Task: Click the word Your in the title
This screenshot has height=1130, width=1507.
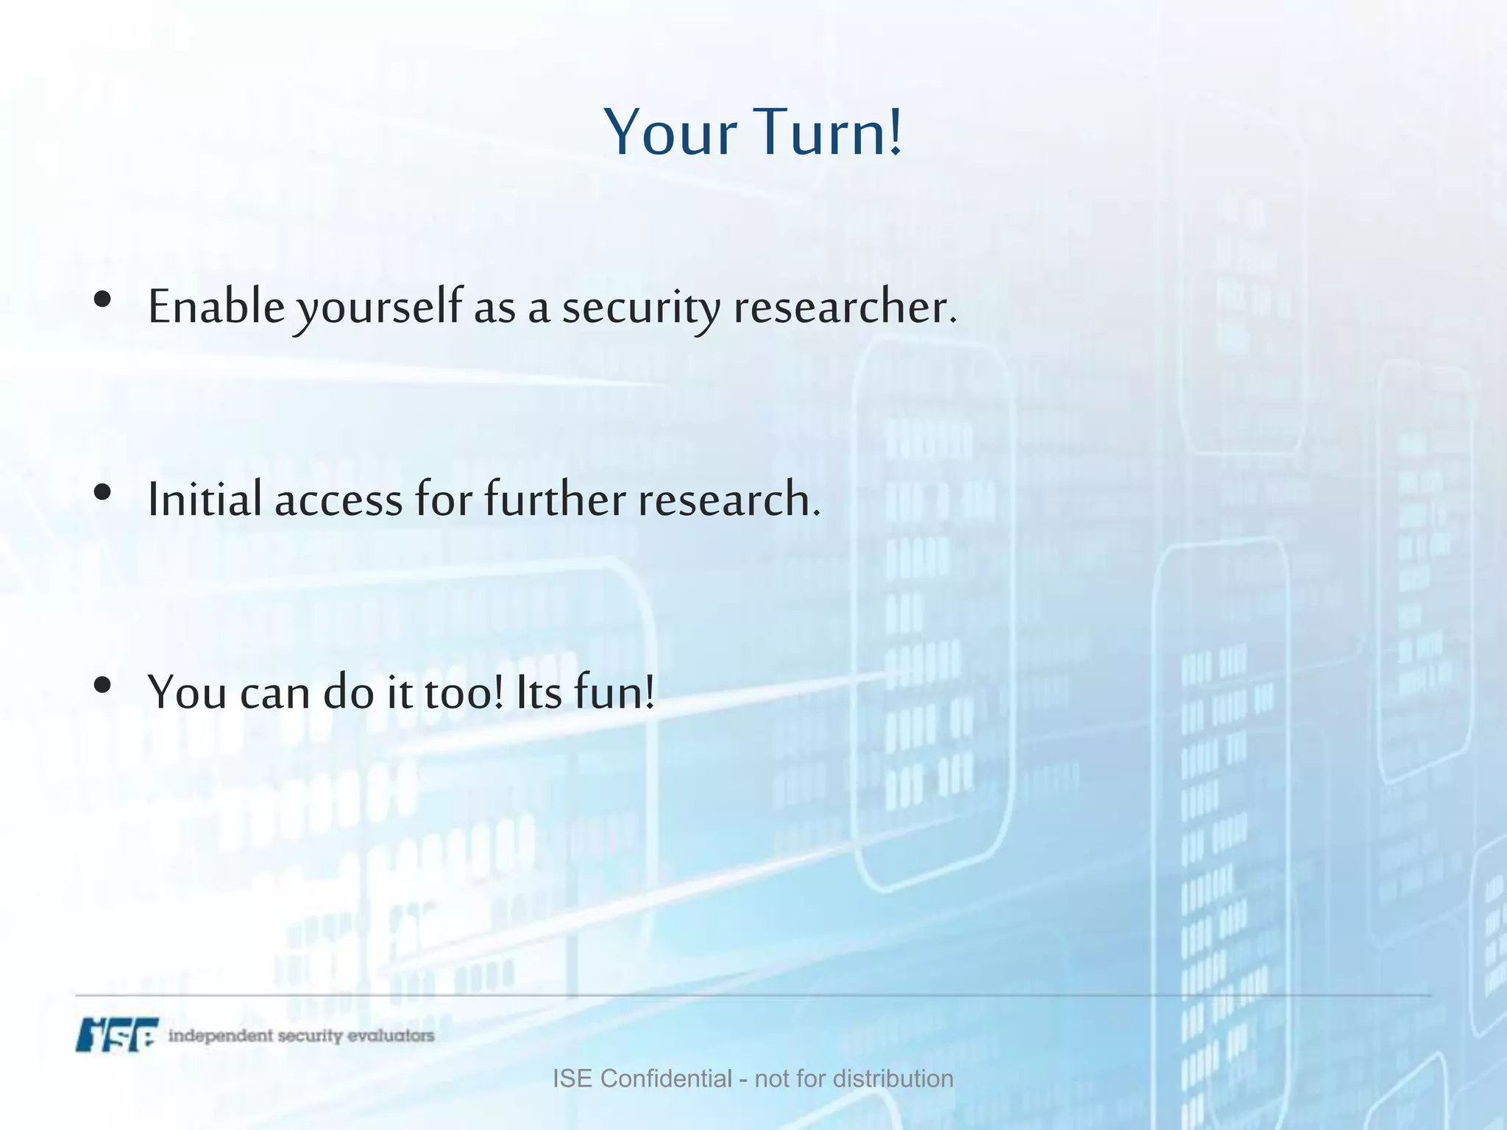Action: (670, 132)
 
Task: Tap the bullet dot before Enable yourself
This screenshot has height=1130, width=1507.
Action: (103, 299)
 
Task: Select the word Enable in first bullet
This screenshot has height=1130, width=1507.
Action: (216, 307)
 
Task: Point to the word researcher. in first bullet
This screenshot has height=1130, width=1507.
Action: (845, 307)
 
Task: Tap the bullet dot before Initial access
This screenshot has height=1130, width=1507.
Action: (103, 492)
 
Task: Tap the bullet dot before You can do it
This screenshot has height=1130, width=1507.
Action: (103, 685)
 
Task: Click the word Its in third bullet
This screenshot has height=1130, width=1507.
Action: (539, 694)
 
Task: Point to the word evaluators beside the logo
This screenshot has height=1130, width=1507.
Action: (390, 1036)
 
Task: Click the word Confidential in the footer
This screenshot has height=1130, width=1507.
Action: (666, 1079)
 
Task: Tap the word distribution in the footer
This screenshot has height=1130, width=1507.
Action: (893, 1079)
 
